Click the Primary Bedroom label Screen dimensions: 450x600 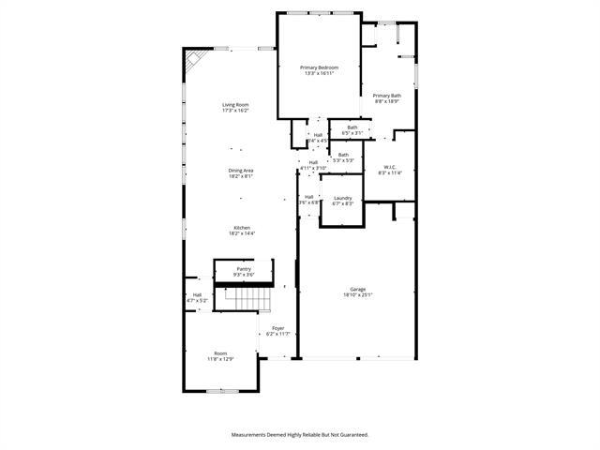319,67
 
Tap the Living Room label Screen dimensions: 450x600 235,104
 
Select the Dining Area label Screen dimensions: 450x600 241,170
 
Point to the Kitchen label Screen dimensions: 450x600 242,227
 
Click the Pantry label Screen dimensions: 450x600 244,269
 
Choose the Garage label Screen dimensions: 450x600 358,289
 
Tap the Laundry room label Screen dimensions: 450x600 343,198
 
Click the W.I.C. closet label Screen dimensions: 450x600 389,166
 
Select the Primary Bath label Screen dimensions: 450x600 386,96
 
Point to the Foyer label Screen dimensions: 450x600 278,328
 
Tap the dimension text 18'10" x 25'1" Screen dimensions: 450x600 358,295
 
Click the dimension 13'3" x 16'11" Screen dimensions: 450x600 319,74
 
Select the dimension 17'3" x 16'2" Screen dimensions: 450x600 235,111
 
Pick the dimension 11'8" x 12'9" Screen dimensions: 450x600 220,359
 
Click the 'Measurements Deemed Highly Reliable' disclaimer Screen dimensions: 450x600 300,434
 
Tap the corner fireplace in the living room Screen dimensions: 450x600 193,62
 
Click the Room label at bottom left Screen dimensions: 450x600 220,353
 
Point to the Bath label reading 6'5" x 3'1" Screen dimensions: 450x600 352,127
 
